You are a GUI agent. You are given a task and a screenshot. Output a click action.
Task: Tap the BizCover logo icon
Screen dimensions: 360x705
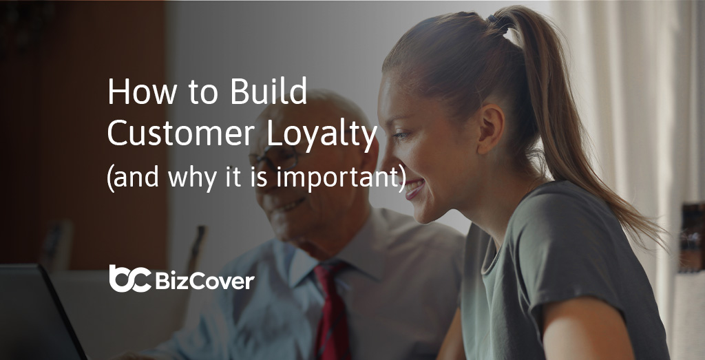(x=129, y=278)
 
